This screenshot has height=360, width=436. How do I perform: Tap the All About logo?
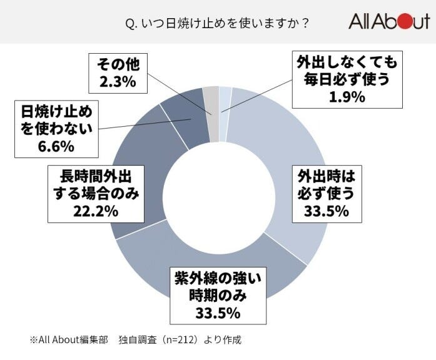coord(388,22)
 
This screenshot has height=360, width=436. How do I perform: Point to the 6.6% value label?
coord(56,147)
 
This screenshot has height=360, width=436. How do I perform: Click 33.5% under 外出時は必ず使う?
coord(325,211)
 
